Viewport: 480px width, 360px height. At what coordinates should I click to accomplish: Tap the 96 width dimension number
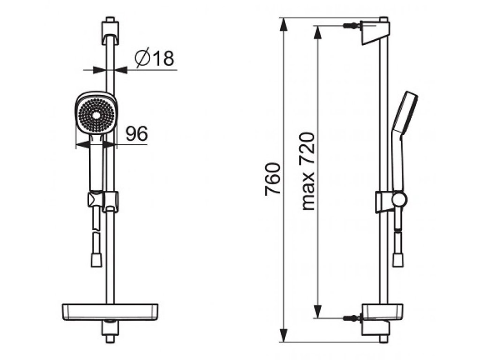click(x=137, y=133)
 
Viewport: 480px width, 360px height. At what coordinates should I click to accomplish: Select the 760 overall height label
click(x=273, y=180)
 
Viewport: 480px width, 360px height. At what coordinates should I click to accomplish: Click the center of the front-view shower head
click(x=97, y=115)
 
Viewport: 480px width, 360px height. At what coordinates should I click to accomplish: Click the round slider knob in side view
click(x=399, y=200)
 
